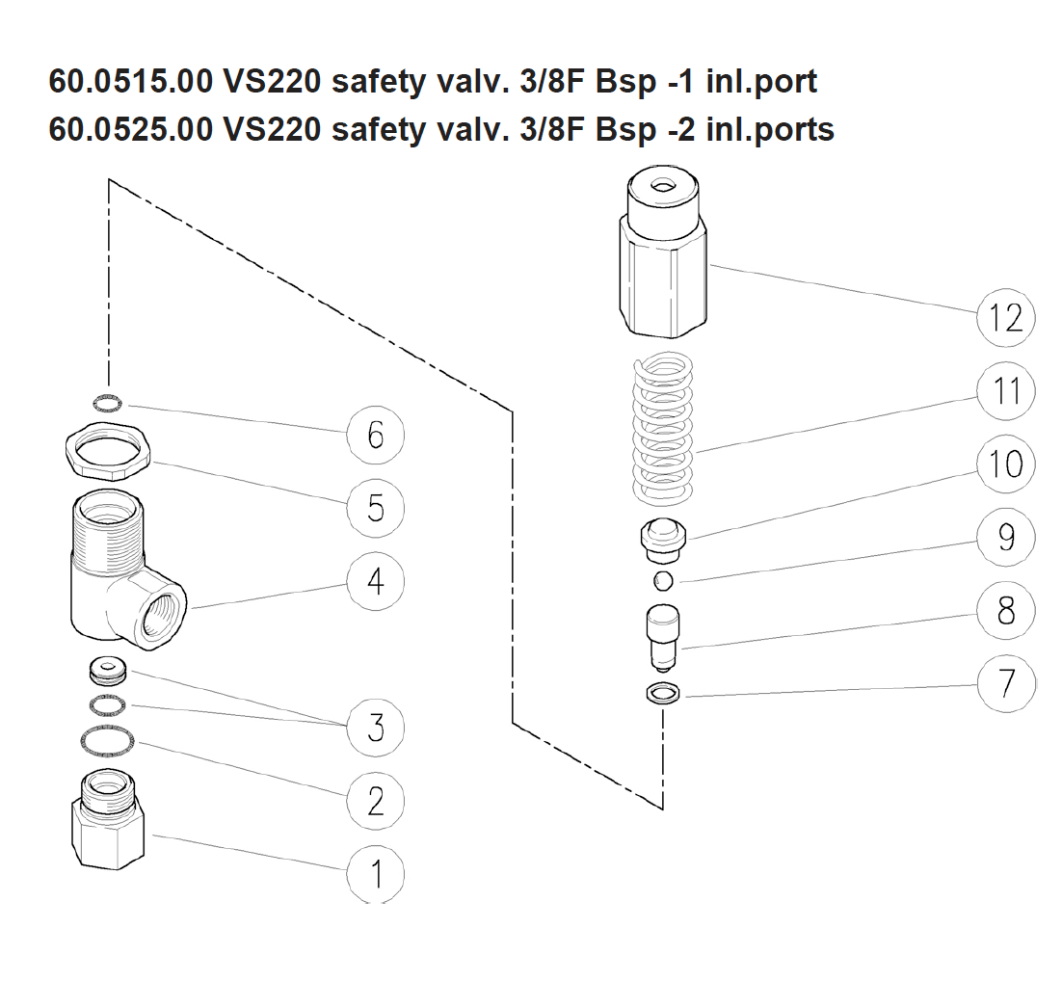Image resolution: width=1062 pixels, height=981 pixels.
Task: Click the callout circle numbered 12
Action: click(1006, 317)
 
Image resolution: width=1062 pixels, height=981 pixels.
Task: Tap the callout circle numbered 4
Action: click(376, 581)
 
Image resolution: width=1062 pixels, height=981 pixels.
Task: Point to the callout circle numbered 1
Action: click(376, 875)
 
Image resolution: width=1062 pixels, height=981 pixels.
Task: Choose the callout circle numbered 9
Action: click(1006, 537)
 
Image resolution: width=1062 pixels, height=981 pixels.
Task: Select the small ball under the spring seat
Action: click(662, 579)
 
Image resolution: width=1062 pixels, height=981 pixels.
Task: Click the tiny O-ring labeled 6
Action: click(112, 402)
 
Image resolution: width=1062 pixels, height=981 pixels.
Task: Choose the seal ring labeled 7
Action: click(663, 692)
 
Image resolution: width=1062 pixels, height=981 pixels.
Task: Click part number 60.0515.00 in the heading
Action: click(131, 82)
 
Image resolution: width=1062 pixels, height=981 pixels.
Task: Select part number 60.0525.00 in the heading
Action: click(131, 128)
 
